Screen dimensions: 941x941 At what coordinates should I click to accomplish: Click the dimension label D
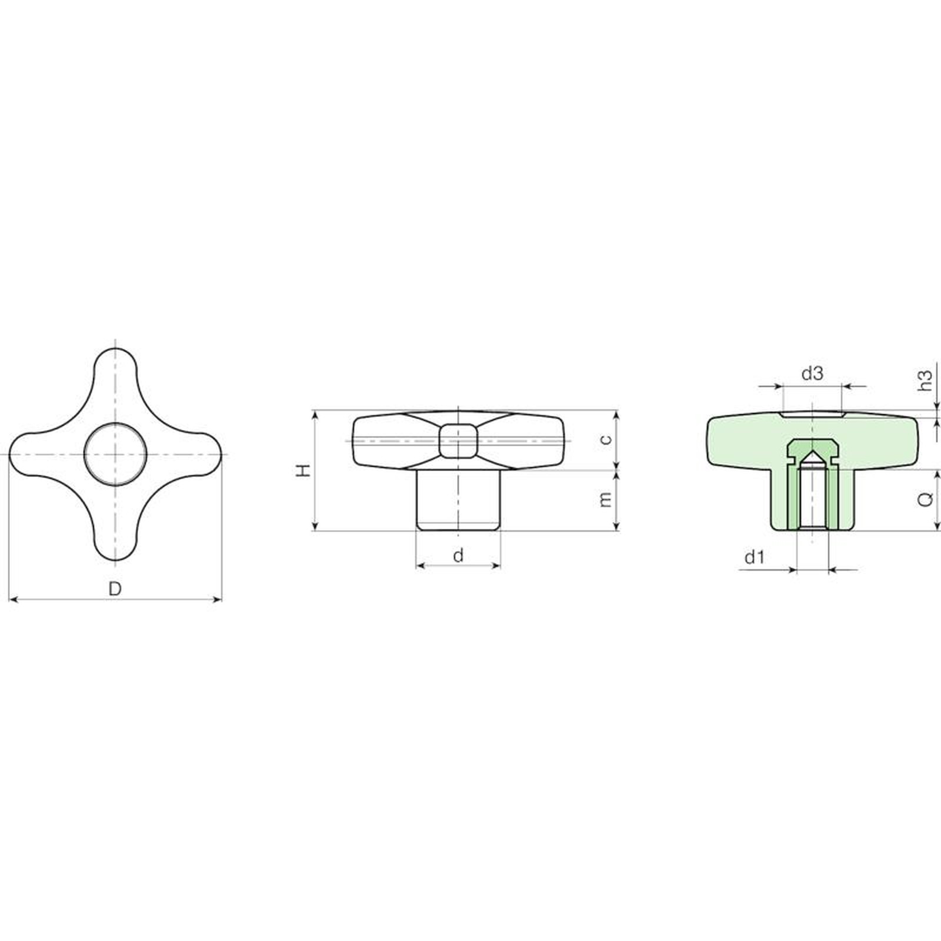(115, 588)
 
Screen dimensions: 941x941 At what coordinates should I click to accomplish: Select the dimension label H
(303, 470)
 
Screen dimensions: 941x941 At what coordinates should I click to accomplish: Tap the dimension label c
(606, 440)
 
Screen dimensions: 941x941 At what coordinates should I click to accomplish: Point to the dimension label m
(606, 499)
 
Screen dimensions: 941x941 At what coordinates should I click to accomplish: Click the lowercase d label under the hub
(459, 555)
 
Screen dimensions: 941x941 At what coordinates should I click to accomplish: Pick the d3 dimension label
(812, 373)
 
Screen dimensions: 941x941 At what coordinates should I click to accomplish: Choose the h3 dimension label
(926, 380)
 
